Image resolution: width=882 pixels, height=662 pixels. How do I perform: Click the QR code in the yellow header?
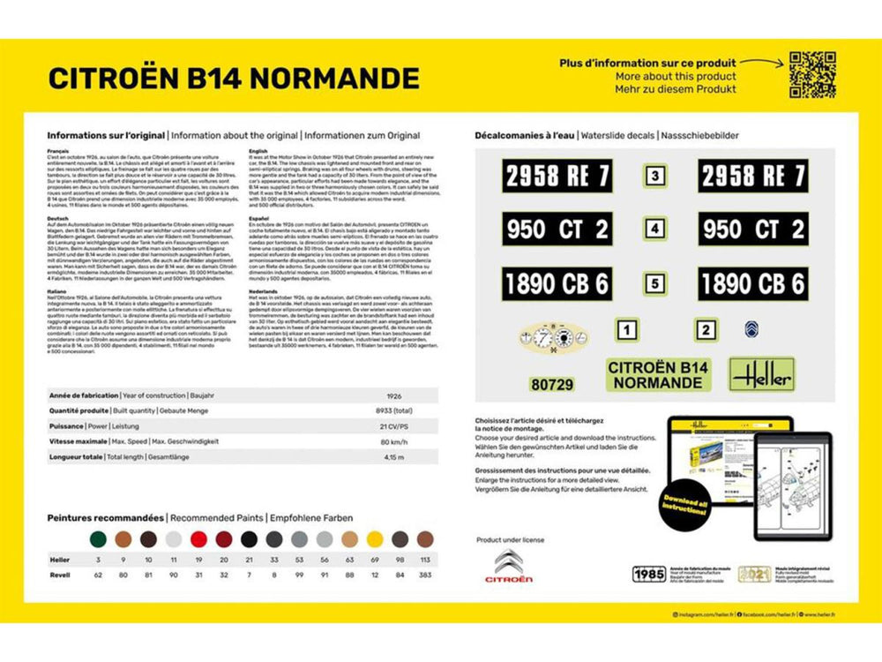[812, 74]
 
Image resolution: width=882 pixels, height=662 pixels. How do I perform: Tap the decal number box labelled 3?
[654, 176]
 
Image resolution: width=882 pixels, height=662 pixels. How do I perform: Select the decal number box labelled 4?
[654, 229]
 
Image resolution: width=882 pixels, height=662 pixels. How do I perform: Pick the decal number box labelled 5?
[654, 284]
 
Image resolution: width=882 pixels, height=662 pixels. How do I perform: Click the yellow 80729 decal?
[552, 384]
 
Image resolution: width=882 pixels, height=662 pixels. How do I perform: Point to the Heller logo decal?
[760, 374]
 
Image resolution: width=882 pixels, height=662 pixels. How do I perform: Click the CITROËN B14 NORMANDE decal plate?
[657, 375]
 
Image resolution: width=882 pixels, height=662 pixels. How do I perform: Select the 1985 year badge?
[649, 574]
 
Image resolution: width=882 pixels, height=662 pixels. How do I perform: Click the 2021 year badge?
[754, 574]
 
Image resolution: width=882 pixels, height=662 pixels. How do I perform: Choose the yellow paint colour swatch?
[375, 538]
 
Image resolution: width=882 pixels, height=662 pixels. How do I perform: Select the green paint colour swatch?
[98, 538]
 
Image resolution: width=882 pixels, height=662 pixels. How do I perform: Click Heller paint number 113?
[425, 560]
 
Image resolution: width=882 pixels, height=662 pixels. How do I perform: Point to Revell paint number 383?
[425, 575]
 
